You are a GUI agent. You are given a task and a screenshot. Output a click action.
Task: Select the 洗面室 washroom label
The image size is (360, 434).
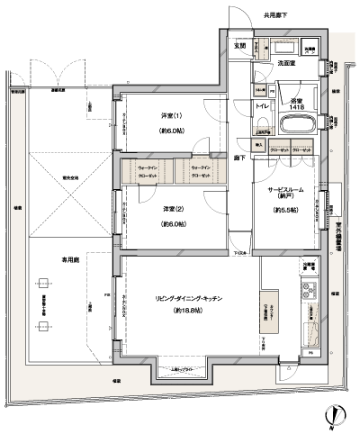(288, 64)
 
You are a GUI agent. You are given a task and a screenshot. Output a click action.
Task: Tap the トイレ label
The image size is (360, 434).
(262, 105)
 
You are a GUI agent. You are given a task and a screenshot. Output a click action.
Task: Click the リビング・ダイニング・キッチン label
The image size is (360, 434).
(189, 297)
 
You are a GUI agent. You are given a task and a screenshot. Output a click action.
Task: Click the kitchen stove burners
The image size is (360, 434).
(308, 291)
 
